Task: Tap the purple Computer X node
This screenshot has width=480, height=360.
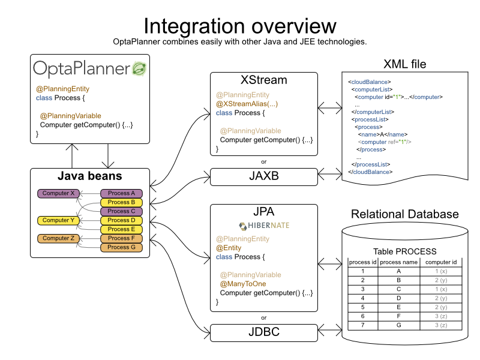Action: click(59, 193)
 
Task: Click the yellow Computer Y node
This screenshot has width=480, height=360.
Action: click(59, 220)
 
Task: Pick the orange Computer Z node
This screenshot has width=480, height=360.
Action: click(59, 238)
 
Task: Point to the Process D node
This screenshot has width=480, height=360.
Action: click(122, 220)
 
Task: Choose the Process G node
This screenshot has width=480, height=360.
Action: click(122, 247)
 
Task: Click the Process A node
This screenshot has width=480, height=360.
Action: click(122, 193)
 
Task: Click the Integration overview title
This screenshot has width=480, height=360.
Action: click(240, 26)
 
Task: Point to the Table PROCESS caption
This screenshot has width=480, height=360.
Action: click(405, 251)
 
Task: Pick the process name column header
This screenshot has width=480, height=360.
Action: click(398, 262)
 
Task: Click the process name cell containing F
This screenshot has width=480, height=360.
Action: click(398, 316)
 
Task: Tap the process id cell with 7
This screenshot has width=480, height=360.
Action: click(363, 325)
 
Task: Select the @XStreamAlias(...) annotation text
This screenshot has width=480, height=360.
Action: click(247, 104)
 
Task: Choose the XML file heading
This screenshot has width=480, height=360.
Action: click(405, 64)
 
